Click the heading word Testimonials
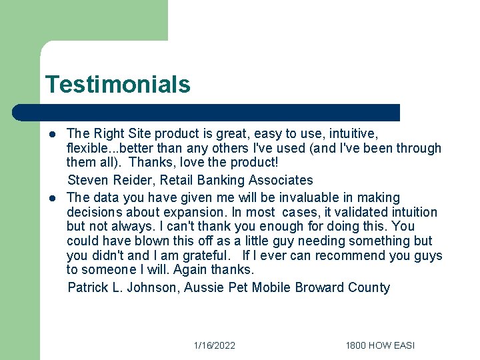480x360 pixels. [x=117, y=85]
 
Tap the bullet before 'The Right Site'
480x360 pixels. [x=51, y=133]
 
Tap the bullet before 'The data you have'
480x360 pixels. [x=51, y=197]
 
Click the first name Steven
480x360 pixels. [x=89, y=180]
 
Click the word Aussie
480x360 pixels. [x=204, y=288]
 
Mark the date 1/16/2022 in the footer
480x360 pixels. [x=214, y=345]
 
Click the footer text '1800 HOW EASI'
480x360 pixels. [x=380, y=345]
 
